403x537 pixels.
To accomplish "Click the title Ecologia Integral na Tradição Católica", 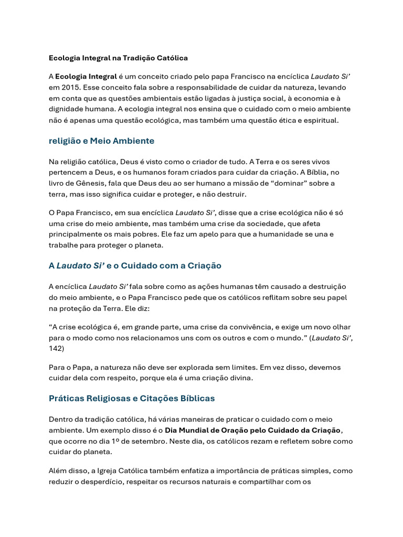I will pos(118,58).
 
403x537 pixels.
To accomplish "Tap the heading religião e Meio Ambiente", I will pos(101,141).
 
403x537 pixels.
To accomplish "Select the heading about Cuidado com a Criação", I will pos(135,265).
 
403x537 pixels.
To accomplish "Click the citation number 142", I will pos(56,348).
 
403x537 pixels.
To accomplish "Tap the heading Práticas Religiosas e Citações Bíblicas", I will pos(132,398).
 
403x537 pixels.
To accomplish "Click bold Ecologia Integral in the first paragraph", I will pos(86,76).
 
